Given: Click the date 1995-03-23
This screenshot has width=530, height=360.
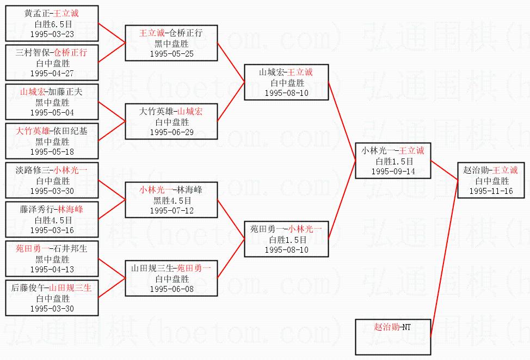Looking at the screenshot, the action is tap(52, 34).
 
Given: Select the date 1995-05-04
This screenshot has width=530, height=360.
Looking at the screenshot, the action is tap(52, 113).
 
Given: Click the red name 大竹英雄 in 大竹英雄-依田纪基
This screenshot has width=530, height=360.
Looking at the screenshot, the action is tap(33, 131).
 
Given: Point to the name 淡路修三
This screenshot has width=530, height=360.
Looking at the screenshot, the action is tap(33, 170).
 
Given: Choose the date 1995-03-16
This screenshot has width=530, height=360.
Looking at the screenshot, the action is tap(52, 230).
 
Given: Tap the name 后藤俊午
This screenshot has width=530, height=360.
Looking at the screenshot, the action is tap(28, 288).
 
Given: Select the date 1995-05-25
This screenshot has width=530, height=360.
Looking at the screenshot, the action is tap(172, 54).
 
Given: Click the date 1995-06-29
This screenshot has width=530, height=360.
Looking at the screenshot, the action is tap(172, 132).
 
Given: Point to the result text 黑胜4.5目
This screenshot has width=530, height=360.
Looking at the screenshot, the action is tap(172, 200).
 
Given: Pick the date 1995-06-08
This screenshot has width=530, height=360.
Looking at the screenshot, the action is tap(172, 289).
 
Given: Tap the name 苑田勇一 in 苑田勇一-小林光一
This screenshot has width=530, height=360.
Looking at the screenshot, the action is tap(267, 229).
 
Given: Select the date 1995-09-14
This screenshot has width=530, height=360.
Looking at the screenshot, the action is tap(393, 172).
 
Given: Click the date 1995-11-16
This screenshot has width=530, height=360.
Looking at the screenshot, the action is tap(491, 191).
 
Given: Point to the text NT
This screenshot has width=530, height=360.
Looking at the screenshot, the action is tap(406, 327).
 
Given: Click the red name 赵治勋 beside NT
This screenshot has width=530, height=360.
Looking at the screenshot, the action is tap(387, 327).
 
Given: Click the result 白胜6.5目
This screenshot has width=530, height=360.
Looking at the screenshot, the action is tap(53, 24).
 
